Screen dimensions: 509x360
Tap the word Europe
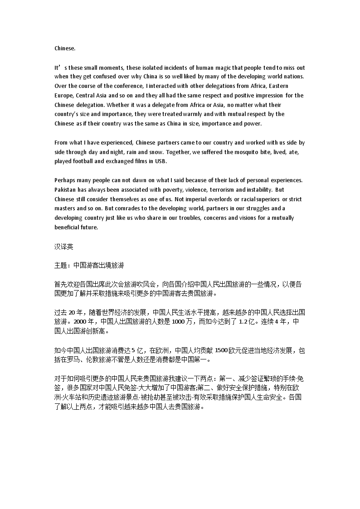click(64, 95)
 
